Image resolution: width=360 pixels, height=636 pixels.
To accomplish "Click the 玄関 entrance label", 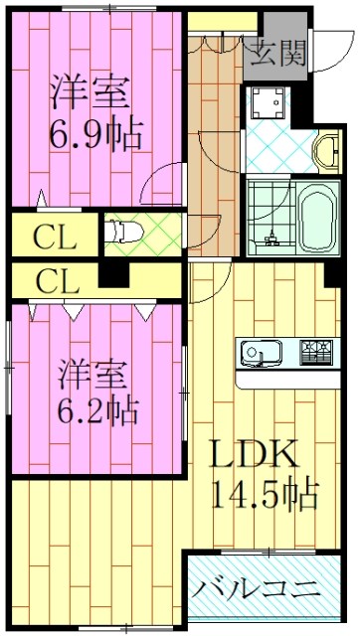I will (277, 52).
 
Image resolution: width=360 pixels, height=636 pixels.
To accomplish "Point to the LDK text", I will (251, 454).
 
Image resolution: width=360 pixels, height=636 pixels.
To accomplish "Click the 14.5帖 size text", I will (264, 491).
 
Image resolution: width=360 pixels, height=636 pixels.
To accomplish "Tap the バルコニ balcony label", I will (257, 588).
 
